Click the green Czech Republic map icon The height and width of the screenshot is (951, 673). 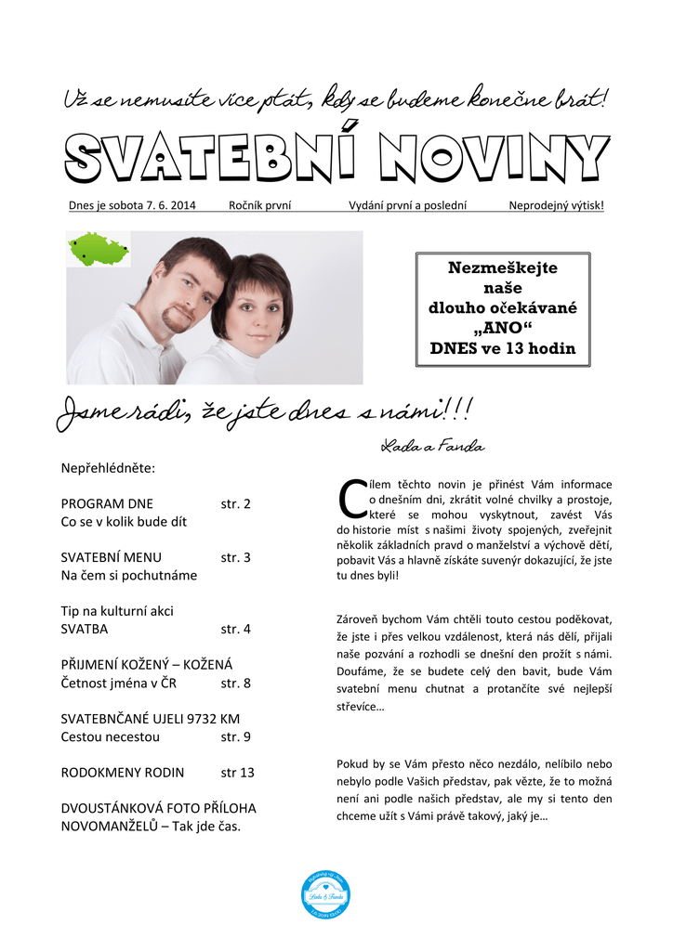pyautogui.click(x=99, y=250)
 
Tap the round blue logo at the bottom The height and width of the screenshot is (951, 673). pyautogui.click(x=325, y=895)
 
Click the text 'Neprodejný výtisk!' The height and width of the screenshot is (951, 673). pyautogui.click(x=556, y=205)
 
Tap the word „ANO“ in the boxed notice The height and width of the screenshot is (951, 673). pyautogui.click(x=503, y=329)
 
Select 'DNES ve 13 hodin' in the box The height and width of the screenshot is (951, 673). pyautogui.click(x=503, y=349)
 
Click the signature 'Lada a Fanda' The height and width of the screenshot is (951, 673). pyautogui.click(x=432, y=447)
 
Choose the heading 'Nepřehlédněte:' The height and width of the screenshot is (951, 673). pyautogui.click(x=108, y=468)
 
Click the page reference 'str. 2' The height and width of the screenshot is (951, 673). pyautogui.click(x=236, y=504)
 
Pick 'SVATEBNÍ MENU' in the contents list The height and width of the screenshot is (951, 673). pyautogui.click(x=111, y=558)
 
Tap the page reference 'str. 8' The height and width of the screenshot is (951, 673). pyautogui.click(x=236, y=684)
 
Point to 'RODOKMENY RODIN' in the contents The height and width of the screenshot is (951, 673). pyautogui.click(x=122, y=773)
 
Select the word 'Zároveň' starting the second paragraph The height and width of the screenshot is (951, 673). pyautogui.click(x=357, y=619)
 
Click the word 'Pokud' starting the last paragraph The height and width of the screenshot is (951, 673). pyautogui.click(x=352, y=763)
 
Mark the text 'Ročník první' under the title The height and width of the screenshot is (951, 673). pyautogui.click(x=259, y=205)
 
